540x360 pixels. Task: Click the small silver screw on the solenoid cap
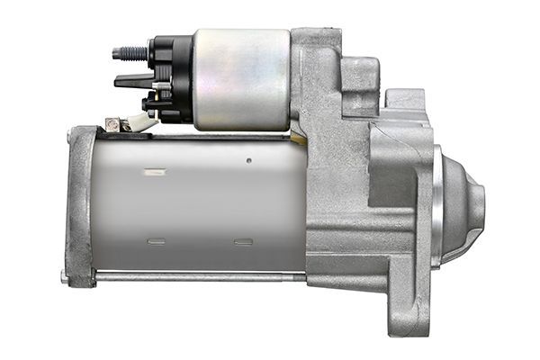click(x=158, y=86)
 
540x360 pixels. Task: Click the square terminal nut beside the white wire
click(x=112, y=124)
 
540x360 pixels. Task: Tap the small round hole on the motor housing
click(x=248, y=163)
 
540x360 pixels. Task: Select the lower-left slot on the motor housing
click(x=156, y=240)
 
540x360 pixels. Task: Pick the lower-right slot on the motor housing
click(x=242, y=240)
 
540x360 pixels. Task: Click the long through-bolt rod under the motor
click(x=198, y=276)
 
